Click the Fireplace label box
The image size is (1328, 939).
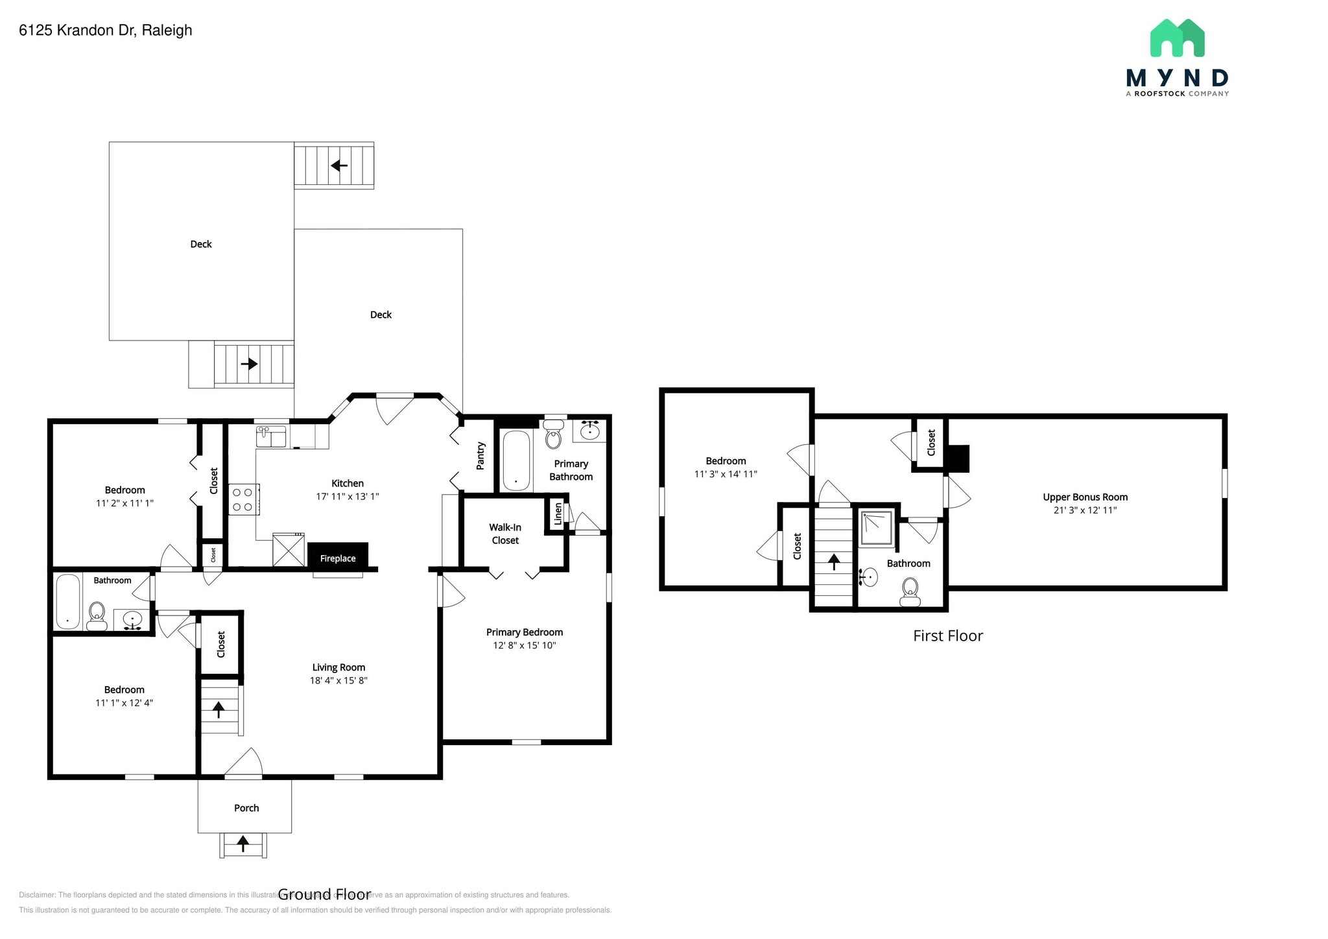pyautogui.click(x=338, y=558)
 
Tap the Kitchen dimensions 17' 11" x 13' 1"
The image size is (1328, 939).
pyautogui.click(x=347, y=497)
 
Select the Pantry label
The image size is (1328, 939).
pyautogui.click(x=480, y=456)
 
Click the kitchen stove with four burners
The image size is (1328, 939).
pyautogui.click(x=243, y=499)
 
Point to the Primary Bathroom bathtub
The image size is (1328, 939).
pyautogui.click(x=516, y=460)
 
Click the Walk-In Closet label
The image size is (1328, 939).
pyautogui.click(x=505, y=534)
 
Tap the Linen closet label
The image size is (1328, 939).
pyautogui.click(x=558, y=514)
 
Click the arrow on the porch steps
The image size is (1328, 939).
pyautogui.click(x=243, y=844)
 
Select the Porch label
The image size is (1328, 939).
pyautogui.click(x=246, y=808)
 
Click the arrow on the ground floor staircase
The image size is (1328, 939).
pyautogui.click(x=219, y=709)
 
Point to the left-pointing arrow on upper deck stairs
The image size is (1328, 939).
pyautogui.click(x=339, y=166)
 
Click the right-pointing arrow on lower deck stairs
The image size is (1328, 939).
pyautogui.click(x=249, y=364)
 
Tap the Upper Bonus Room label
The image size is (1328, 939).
pyautogui.click(x=1085, y=497)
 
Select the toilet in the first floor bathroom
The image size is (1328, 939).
pyautogui.click(x=910, y=592)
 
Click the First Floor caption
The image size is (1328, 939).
pyautogui.click(x=947, y=636)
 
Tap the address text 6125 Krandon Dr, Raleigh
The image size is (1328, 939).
pyautogui.click(x=106, y=30)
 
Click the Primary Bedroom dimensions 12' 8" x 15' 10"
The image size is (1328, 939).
pyautogui.click(x=524, y=645)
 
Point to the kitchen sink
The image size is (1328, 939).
pyautogui.click(x=271, y=436)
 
